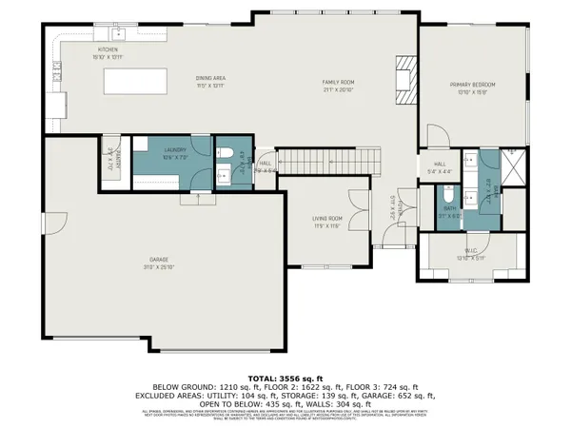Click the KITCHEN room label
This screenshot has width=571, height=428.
pyautogui.click(x=106, y=49)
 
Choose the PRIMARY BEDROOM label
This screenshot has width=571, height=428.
pyautogui.click(x=473, y=85)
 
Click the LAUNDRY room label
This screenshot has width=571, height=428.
pyautogui.click(x=173, y=149)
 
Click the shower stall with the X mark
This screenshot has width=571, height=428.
pyautogui.click(x=514, y=167)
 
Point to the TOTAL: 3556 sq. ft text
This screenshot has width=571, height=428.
pyautogui.click(x=285, y=377)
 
